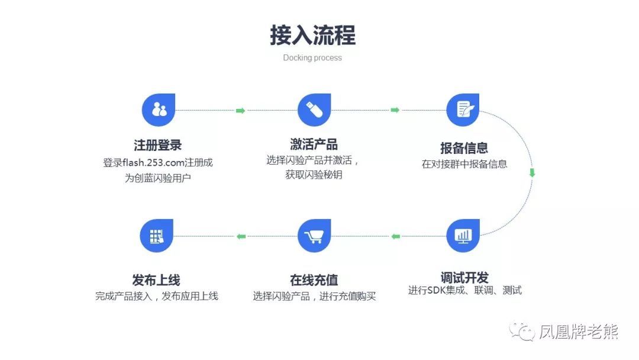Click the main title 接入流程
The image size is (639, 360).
click(x=312, y=36)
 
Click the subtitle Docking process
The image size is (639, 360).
click(x=312, y=58)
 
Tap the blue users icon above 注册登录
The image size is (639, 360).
click(x=159, y=110)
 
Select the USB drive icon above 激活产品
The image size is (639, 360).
click(x=314, y=110)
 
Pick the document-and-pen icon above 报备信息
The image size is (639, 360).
click(x=463, y=110)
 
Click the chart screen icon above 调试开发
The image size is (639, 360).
click(x=463, y=235)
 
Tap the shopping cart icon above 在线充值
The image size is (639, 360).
click(x=314, y=236)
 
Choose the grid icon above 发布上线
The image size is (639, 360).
click(x=157, y=236)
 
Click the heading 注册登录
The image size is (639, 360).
click(x=157, y=146)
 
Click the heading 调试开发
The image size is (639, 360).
click(x=464, y=277)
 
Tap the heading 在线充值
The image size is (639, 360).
click(x=314, y=280)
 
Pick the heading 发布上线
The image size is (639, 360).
click(x=156, y=280)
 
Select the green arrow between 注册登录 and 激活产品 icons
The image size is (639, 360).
click(x=240, y=111)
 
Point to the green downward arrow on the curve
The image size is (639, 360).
click(x=531, y=173)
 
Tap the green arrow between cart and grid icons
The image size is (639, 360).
click(x=241, y=237)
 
